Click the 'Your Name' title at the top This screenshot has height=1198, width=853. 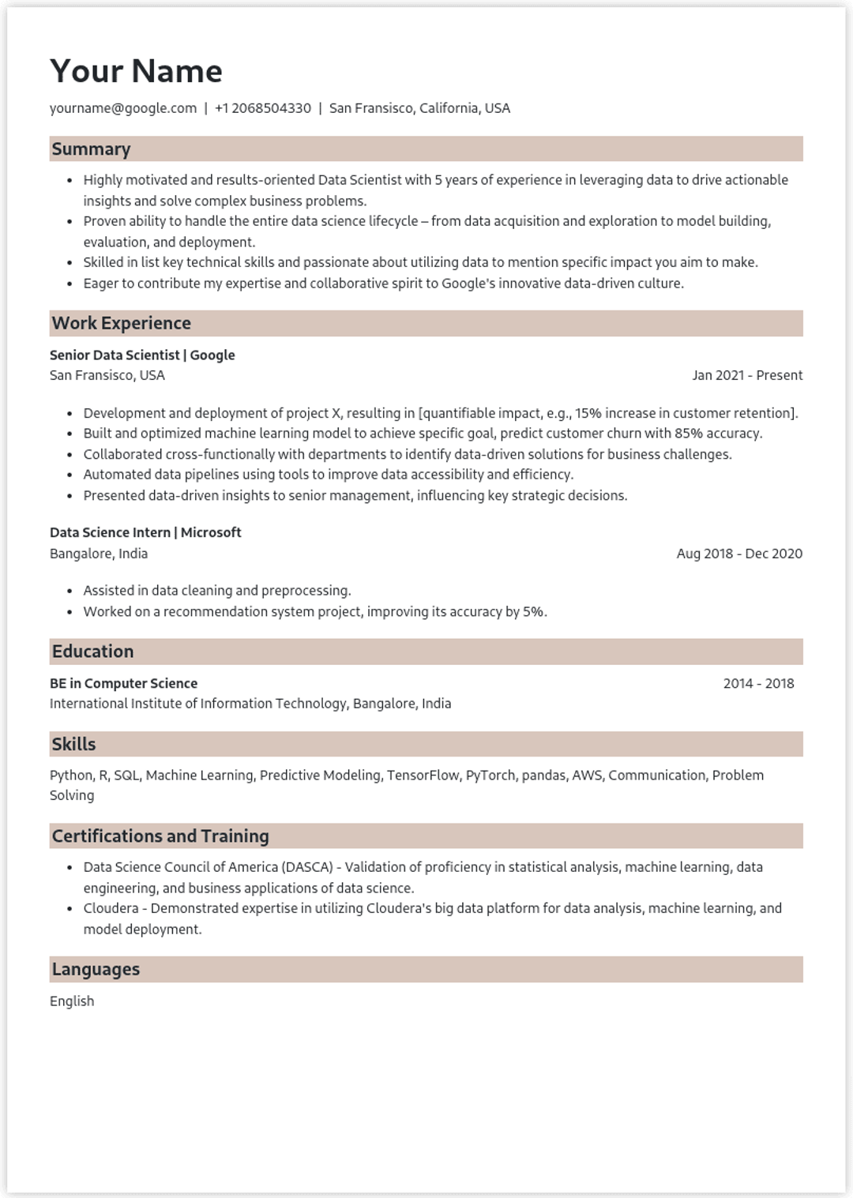click(136, 71)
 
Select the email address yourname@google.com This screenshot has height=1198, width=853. click(123, 108)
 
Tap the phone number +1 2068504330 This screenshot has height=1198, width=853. click(262, 108)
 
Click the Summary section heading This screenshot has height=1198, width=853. click(91, 149)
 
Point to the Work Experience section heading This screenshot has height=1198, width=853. click(122, 323)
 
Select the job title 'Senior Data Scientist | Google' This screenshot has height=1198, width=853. click(142, 355)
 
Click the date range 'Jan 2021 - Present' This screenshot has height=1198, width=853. click(747, 375)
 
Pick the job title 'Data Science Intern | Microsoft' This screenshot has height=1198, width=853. click(145, 532)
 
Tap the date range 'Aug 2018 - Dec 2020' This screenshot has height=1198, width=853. click(739, 554)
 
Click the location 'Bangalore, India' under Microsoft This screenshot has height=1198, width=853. click(99, 554)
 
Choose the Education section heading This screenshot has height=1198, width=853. click(92, 652)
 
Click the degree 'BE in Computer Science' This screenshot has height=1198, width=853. click(123, 683)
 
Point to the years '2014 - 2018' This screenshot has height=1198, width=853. click(758, 683)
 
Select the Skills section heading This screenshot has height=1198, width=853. click(73, 744)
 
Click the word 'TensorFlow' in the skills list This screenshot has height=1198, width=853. click(423, 776)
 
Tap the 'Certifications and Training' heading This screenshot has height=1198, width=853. click(160, 836)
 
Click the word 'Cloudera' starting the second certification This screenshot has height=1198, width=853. click(111, 908)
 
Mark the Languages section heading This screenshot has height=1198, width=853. click(96, 969)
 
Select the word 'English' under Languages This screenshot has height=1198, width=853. click(72, 1001)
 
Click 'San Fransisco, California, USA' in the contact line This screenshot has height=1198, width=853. click(419, 108)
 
